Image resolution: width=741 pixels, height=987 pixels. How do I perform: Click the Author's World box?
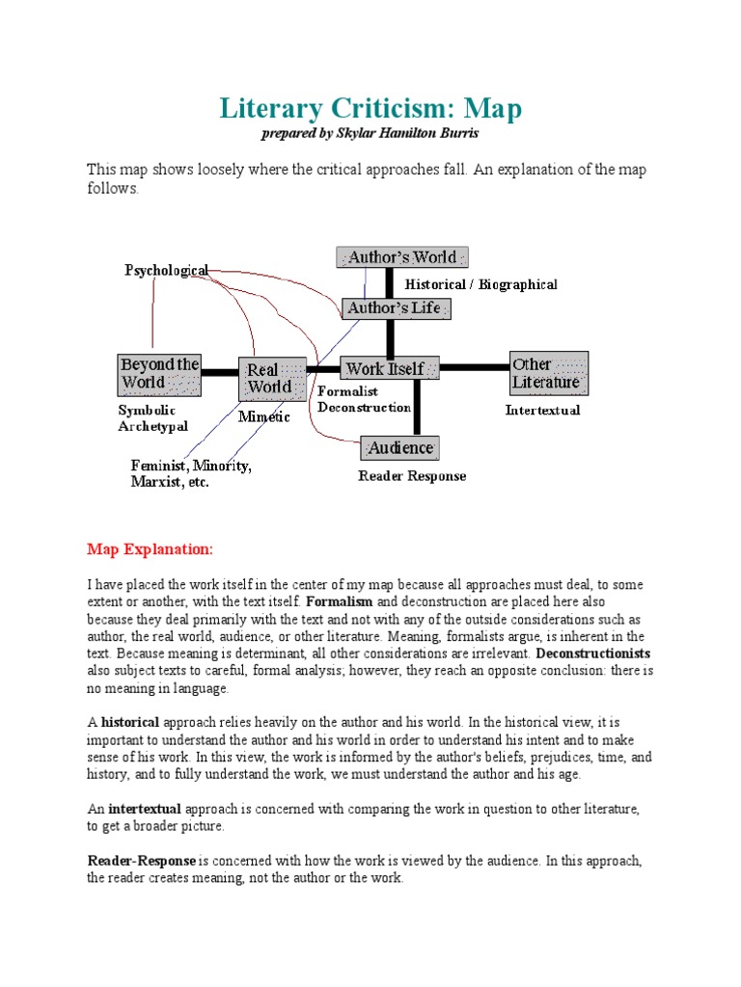pyautogui.click(x=402, y=257)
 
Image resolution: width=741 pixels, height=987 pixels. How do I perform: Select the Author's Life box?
pyautogui.click(x=396, y=308)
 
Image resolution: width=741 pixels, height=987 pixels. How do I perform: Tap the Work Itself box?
pyautogui.click(x=389, y=368)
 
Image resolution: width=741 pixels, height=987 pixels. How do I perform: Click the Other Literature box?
pyautogui.click(x=548, y=373)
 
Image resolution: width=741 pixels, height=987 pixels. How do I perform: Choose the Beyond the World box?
pyautogui.click(x=159, y=373)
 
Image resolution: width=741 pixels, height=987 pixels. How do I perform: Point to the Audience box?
pyautogui.click(x=399, y=448)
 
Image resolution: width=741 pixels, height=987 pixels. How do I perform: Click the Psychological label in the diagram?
pyautogui.click(x=166, y=271)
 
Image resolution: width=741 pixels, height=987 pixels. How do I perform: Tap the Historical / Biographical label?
pyautogui.click(x=480, y=284)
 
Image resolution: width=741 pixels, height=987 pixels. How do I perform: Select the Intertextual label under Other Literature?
pyautogui.click(x=542, y=411)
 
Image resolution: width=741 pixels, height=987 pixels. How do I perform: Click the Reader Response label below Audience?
pyautogui.click(x=412, y=476)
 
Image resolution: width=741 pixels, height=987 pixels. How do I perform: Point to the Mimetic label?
pyautogui.click(x=263, y=418)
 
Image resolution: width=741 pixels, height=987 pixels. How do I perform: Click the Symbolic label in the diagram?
pyautogui.click(x=148, y=411)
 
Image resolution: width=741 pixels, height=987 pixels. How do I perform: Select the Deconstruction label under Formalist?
pyautogui.click(x=365, y=408)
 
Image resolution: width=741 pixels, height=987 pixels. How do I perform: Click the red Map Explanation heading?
pyautogui.click(x=149, y=549)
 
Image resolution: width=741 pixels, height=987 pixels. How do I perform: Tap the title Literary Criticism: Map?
pyautogui.click(x=370, y=108)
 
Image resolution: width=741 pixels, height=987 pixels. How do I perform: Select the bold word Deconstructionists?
pyautogui.click(x=594, y=654)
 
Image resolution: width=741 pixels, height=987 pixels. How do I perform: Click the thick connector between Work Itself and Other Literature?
pyautogui.click(x=474, y=367)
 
